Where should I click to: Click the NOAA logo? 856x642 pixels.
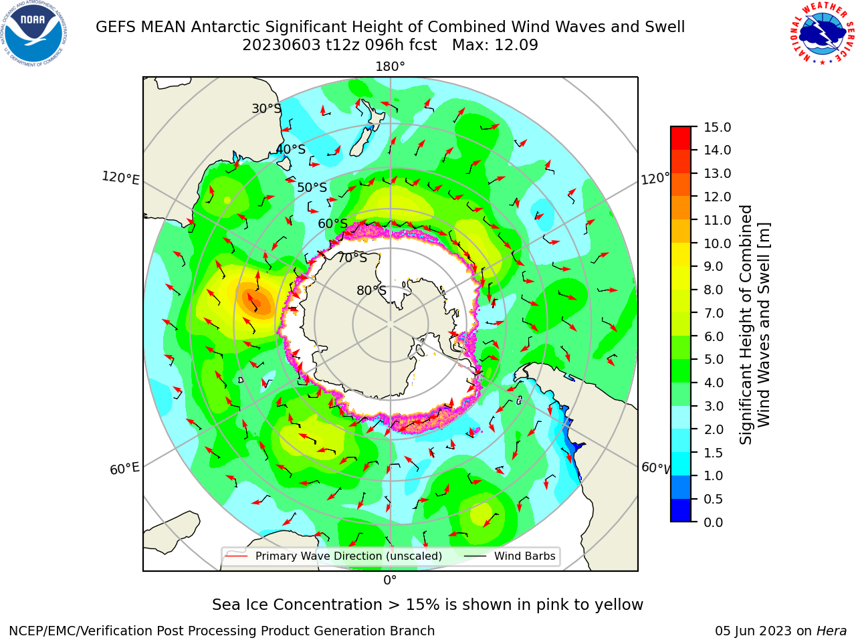[34, 34]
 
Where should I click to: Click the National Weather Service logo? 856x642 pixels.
[822, 33]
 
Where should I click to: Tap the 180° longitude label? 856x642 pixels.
[390, 67]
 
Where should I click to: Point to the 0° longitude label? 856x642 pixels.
[390, 580]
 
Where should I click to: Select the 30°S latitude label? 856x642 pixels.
[266, 108]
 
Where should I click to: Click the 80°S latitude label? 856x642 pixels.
[371, 290]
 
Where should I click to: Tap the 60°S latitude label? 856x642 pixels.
[332, 223]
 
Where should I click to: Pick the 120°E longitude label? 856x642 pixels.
[120, 178]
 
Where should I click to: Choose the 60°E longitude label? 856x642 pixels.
[124, 469]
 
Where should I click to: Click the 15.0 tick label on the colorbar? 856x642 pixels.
[717, 127]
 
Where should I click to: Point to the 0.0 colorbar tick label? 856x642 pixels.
[714, 522]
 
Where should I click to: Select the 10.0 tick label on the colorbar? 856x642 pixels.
[717, 243]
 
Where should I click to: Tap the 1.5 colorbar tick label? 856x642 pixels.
[714, 453]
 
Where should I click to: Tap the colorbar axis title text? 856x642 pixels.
[754, 324]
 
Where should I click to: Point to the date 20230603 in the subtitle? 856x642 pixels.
[282, 45]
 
